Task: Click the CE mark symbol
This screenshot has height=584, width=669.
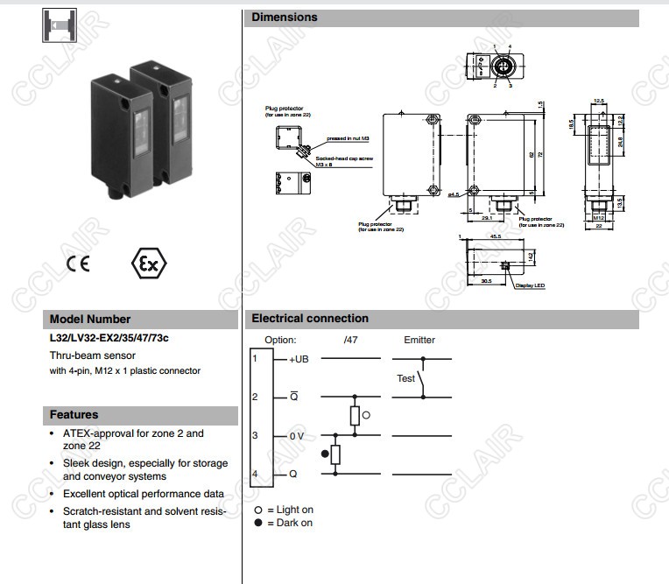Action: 77,264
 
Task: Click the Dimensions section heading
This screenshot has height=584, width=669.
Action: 285,18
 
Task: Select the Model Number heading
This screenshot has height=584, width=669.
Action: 90,320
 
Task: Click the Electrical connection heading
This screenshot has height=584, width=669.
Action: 310,319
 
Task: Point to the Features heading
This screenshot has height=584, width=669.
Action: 74,415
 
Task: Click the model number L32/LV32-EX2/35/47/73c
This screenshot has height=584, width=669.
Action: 109,338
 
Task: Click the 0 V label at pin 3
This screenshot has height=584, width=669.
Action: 296,435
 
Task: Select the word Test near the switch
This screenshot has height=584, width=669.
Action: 405,378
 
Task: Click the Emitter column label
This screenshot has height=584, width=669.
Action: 419,340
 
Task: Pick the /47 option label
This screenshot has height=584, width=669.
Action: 350,340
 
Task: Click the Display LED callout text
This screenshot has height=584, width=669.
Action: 530,285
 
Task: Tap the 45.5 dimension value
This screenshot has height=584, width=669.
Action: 495,236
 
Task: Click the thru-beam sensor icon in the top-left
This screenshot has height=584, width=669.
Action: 60,26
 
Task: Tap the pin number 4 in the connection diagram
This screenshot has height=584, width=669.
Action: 255,474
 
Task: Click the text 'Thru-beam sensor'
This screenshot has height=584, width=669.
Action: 93,355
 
